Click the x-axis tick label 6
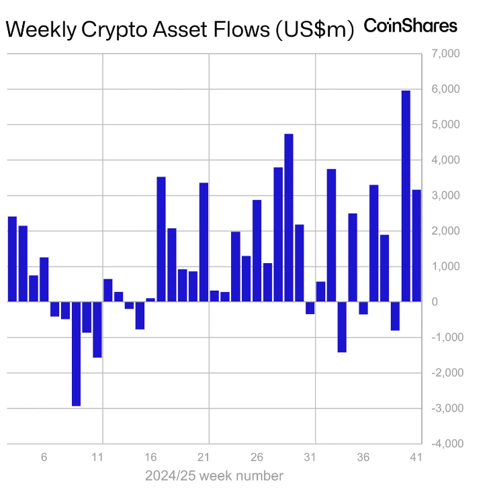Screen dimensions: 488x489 (x=44, y=458)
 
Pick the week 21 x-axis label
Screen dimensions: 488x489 (x=204, y=458)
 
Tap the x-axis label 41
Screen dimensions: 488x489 (x=416, y=458)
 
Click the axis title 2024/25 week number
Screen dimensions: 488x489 (x=214, y=475)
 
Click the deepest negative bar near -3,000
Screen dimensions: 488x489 (x=76, y=354)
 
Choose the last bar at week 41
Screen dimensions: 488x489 (x=416, y=246)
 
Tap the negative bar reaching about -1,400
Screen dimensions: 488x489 (x=342, y=327)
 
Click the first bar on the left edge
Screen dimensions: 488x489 (x=12, y=259)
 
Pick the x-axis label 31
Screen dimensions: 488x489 (x=310, y=458)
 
